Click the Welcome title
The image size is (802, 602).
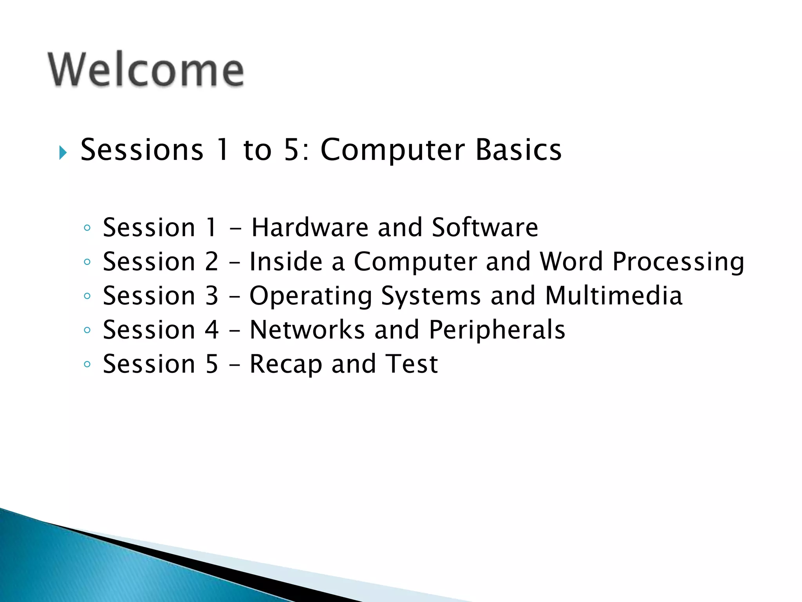click(x=146, y=70)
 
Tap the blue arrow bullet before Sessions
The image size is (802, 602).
click(x=63, y=152)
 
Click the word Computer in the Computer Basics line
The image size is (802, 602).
click(x=392, y=150)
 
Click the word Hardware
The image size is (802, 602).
click(x=310, y=227)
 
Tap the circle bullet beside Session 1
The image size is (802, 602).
click(x=87, y=228)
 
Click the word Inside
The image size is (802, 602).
click(x=286, y=261)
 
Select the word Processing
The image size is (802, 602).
click(x=678, y=262)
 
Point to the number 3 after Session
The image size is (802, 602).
click(x=211, y=296)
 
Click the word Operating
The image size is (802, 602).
click(x=311, y=296)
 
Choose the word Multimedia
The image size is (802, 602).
click(x=614, y=296)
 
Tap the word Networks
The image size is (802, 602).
click(x=307, y=330)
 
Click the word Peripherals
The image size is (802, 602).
click(x=497, y=330)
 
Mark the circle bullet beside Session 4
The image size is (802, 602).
click(x=87, y=330)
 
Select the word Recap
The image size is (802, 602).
click(x=286, y=364)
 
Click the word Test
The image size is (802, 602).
click(x=411, y=364)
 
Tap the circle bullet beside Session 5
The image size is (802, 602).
click(x=87, y=364)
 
